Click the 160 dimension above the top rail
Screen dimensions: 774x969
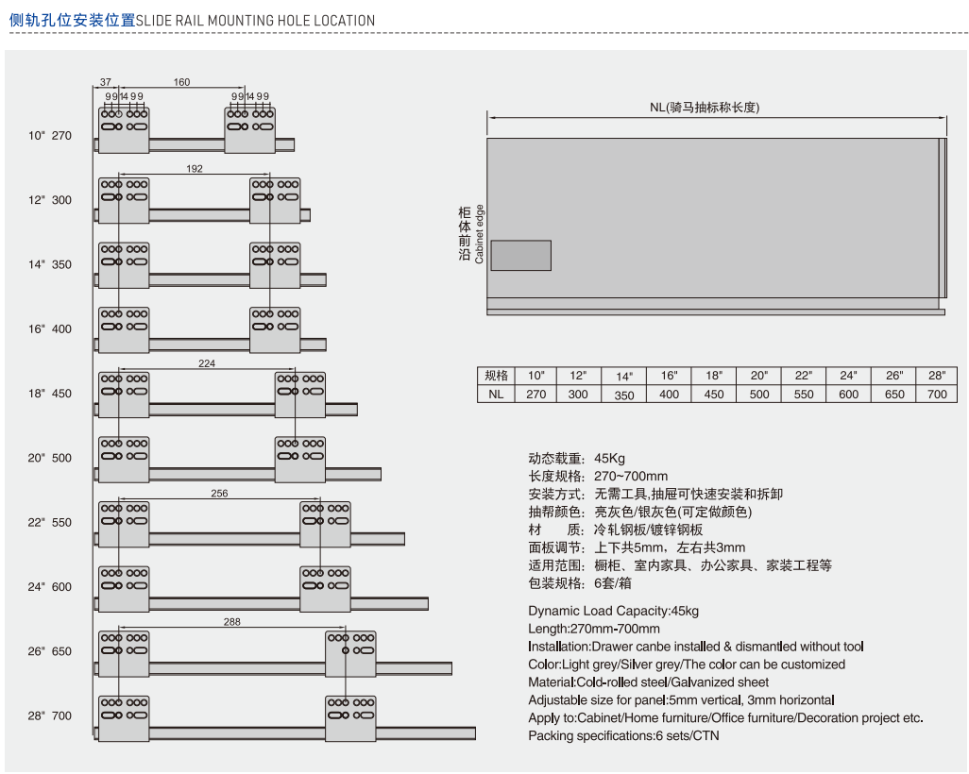tap(181, 82)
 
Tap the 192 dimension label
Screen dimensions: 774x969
tap(195, 169)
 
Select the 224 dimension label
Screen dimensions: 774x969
tap(207, 362)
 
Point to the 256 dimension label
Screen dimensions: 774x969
tap(219, 493)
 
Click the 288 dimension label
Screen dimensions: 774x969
tap(232, 621)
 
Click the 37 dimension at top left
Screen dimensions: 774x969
tap(106, 82)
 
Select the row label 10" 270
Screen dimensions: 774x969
tap(50, 136)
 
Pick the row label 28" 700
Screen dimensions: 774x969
tap(50, 716)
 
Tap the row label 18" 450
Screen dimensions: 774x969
tap(50, 394)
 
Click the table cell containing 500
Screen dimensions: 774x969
tap(759, 395)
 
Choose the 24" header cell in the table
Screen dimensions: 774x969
tap(848, 376)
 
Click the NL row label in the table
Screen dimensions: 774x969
tap(496, 395)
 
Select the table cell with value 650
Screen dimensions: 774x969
tap(893, 395)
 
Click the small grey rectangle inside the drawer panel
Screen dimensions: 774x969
tap(519, 256)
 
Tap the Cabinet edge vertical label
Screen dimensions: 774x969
tap(480, 233)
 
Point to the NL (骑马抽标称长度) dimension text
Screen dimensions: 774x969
tap(717, 107)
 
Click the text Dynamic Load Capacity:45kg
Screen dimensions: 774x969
tap(613, 611)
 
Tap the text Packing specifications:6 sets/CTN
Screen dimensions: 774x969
tap(623, 735)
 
